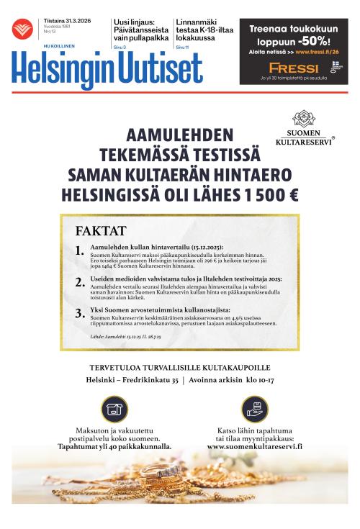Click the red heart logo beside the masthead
coord(22,29)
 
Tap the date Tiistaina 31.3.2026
coord(62,21)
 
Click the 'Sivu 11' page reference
coord(182,47)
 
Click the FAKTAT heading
coord(101,231)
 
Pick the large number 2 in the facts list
coord(79,282)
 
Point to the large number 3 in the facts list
coord(79,313)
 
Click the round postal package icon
coord(114,408)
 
